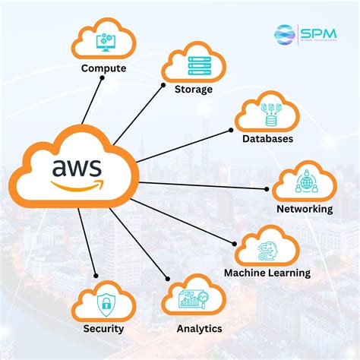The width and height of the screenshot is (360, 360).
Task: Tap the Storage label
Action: tap(194, 90)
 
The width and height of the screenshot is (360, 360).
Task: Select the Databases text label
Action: tap(267, 139)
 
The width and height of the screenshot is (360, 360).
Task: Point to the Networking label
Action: tap(305, 209)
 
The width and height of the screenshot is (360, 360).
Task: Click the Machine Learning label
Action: tap(267, 273)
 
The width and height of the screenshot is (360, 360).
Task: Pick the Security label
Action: tap(104, 329)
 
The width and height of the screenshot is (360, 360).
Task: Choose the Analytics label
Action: tap(199, 329)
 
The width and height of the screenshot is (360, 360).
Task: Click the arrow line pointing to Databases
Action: tap(182, 145)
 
